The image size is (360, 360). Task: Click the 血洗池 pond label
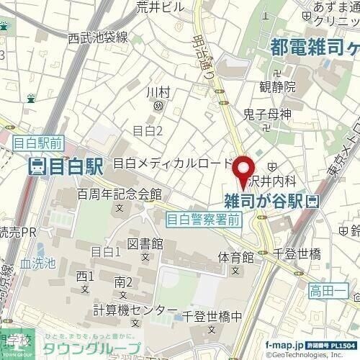tap(38, 264)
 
